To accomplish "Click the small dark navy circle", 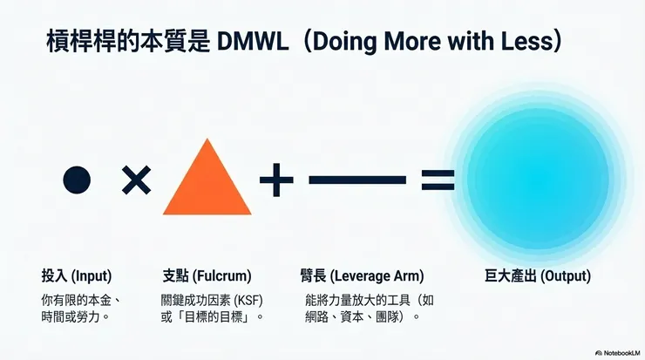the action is pyautogui.click(x=77, y=180).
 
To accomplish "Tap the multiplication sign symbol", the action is pyautogui.click(x=137, y=180).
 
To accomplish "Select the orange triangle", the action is pyautogui.click(x=207, y=177).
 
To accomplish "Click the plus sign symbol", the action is pyautogui.click(x=276, y=180).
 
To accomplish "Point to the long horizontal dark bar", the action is pyautogui.click(x=357, y=180).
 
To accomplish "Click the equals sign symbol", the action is pyautogui.click(x=438, y=180).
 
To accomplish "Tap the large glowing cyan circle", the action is pyautogui.click(x=537, y=179).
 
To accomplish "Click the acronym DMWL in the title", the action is pyautogui.click(x=252, y=41).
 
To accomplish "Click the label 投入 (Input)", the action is pyautogui.click(x=77, y=275).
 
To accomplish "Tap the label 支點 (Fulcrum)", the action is pyautogui.click(x=207, y=275).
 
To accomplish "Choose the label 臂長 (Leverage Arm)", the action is pyautogui.click(x=362, y=275).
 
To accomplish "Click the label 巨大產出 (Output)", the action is pyautogui.click(x=538, y=275).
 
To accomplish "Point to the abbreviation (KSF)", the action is pyautogui.click(x=248, y=301).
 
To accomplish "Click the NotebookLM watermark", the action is pyautogui.click(x=618, y=353).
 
